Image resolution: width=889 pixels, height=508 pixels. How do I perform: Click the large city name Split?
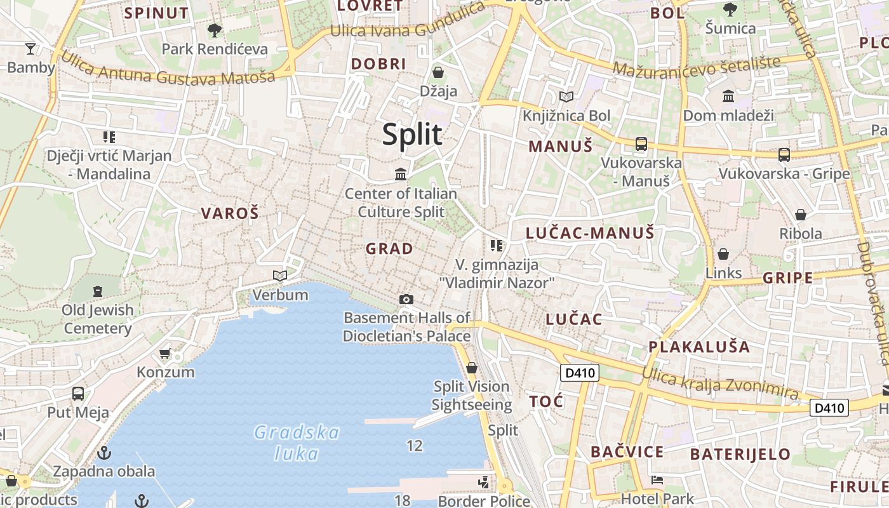click(x=412, y=135)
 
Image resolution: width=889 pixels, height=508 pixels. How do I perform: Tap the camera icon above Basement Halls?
click(x=406, y=299)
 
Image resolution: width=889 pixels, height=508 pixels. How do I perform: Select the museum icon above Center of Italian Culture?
click(x=401, y=174)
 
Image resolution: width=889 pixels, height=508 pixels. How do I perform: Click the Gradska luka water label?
click(x=297, y=443)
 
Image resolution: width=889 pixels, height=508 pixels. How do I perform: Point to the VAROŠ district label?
click(x=230, y=213)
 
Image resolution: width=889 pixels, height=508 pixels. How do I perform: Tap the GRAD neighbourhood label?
click(x=389, y=249)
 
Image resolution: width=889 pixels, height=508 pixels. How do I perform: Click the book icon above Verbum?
click(x=280, y=276)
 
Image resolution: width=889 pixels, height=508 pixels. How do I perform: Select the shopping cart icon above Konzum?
click(x=165, y=353)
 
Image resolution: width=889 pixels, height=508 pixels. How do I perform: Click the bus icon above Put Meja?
click(x=78, y=394)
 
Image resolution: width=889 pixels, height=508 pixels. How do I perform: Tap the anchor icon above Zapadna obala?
click(x=104, y=453)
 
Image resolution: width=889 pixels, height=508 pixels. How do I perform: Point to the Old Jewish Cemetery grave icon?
click(x=98, y=291)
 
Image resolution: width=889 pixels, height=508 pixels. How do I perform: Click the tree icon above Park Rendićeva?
click(x=215, y=30)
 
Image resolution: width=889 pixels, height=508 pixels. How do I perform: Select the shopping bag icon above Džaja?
click(x=438, y=72)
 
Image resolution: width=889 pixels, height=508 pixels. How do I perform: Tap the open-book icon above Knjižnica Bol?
click(x=566, y=97)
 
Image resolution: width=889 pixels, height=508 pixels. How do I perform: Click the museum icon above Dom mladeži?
click(x=728, y=97)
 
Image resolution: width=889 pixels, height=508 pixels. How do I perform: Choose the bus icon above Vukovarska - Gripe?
click(x=784, y=154)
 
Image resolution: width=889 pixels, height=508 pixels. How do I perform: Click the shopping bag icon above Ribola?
click(x=801, y=215)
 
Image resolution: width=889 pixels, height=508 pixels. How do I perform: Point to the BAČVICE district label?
click(x=627, y=452)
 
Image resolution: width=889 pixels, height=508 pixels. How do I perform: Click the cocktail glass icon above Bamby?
click(x=30, y=48)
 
